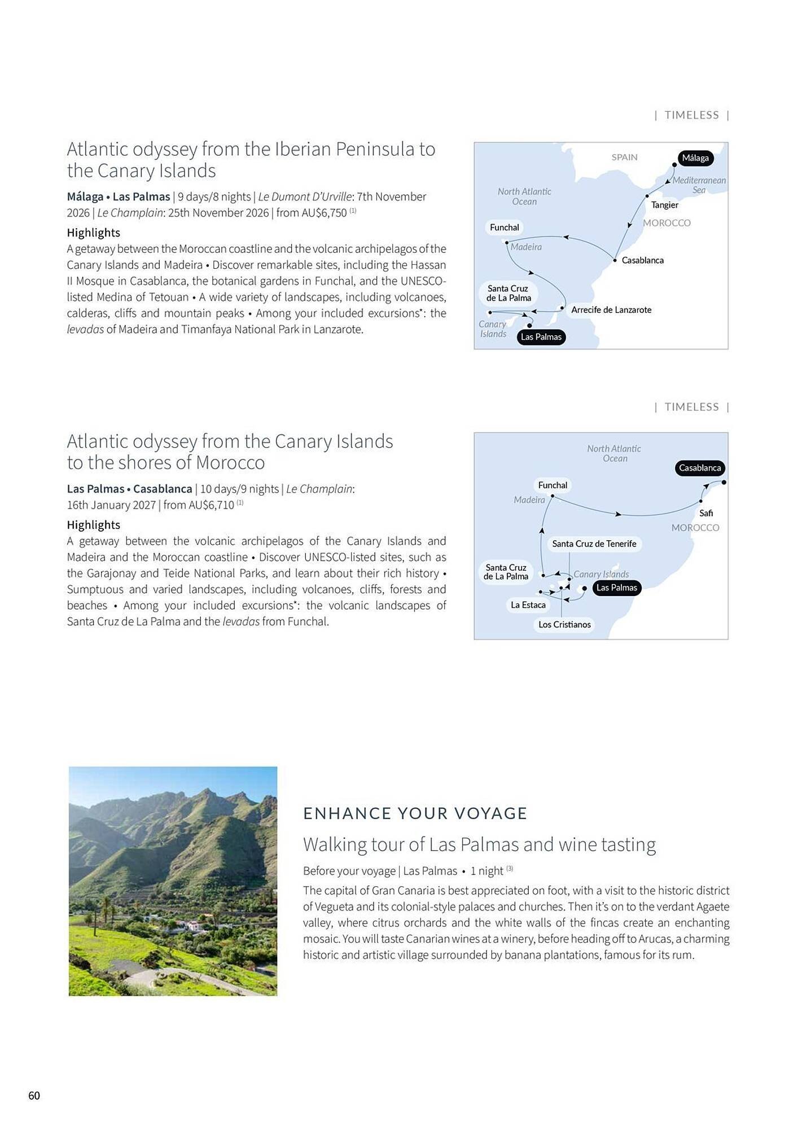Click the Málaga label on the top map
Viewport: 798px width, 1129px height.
click(695, 158)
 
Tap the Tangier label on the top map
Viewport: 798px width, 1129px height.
click(664, 205)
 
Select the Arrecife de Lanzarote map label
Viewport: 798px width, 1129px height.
click(611, 309)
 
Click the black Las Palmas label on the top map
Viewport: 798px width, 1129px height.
click(541, 337)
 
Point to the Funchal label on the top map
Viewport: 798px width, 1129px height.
click(504, 227)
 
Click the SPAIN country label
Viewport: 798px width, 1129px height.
click(624, 157)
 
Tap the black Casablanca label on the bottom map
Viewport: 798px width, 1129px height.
click(699, 468)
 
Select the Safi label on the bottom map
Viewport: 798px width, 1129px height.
click(705, 513)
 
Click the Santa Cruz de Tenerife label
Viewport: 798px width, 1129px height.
click(594, 544)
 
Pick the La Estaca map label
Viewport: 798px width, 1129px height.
click(528, 605)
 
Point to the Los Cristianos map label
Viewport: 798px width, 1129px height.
click(564, 624)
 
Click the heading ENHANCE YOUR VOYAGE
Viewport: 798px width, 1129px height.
click(415, 813)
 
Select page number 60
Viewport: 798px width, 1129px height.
click(34, 1096)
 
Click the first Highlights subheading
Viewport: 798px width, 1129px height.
click(93, 233)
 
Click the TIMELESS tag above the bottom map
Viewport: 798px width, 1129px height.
click(691, 407)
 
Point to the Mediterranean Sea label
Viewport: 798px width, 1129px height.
click(699, 185)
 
